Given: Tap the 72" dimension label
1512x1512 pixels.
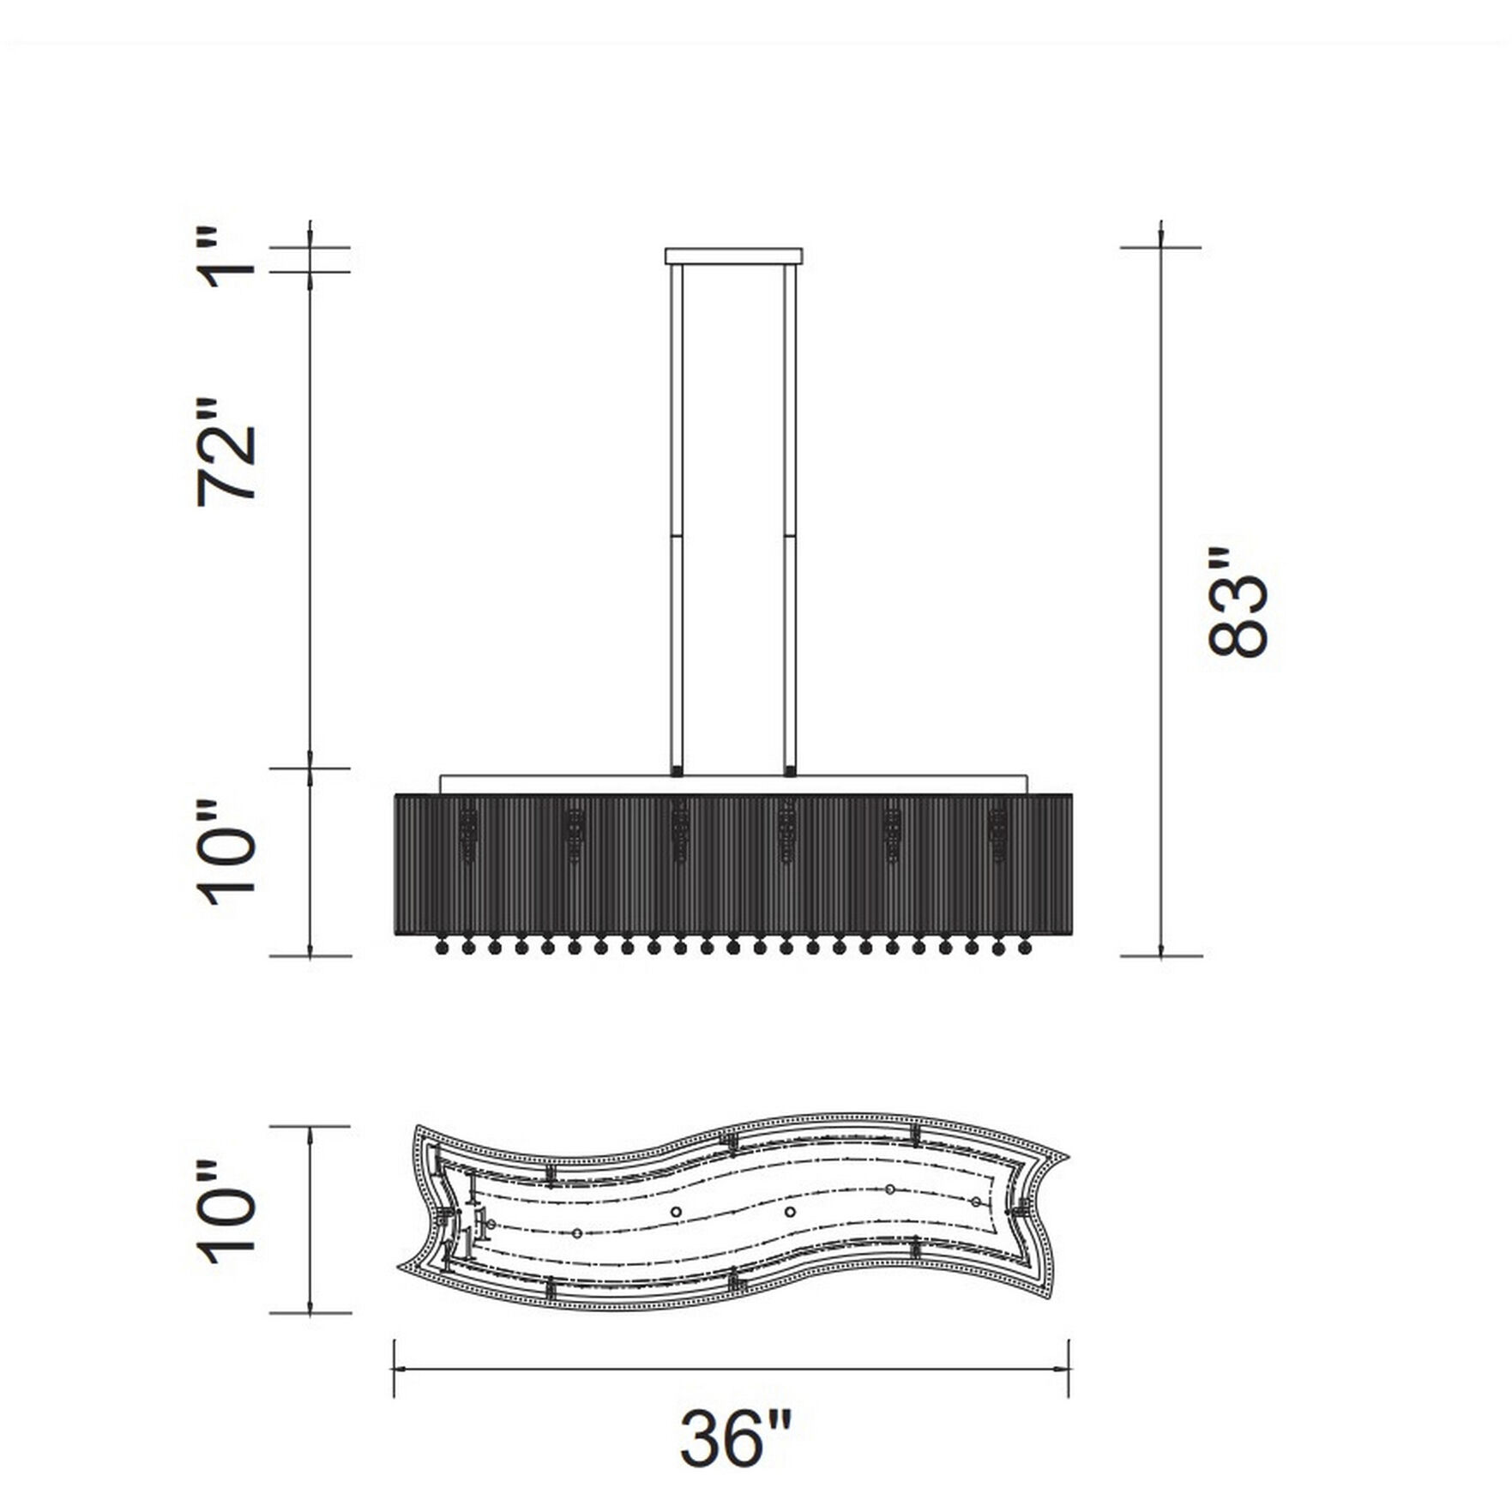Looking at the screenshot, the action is point(227,453).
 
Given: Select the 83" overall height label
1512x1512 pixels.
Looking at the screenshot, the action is point(1238,601).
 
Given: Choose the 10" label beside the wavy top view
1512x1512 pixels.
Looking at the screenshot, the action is point(228,1212).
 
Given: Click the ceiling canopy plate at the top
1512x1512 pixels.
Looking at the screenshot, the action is point(734,256).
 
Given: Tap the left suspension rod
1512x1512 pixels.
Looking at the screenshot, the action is point(677,517).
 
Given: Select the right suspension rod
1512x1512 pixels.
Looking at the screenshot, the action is point(790,517).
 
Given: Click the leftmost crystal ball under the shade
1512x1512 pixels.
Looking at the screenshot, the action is point(443,948).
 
